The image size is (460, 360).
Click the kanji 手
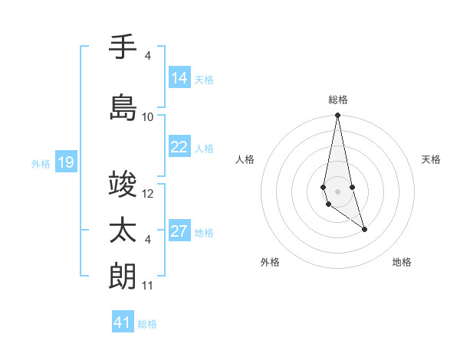[x=123, y=47]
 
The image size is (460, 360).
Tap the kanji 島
[x=123, y=107]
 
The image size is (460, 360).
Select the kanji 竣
[x=123, y=185]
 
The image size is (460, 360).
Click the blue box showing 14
[x=179, y=78]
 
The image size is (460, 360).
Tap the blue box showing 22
[x=179, y=147]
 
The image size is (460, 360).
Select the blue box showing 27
[x=179, y=231]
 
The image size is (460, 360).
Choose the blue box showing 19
[x=65, y=162]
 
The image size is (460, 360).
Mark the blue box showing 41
[x=123, y=322]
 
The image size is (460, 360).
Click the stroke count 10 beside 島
[x=148, y=117]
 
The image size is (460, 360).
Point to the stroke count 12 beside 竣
[x=148, y=194]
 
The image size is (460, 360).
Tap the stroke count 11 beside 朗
[x=148, y=286]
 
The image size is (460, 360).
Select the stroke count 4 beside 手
[x=148, y=56]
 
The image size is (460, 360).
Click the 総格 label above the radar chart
[x=337, y=100]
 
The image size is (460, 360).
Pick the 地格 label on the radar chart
[x=402, y=262]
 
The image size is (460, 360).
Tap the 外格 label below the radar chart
[x=270, y=262]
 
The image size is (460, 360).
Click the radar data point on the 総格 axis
[x=337, y=115]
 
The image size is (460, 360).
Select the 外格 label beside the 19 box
[x=40, y=163]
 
